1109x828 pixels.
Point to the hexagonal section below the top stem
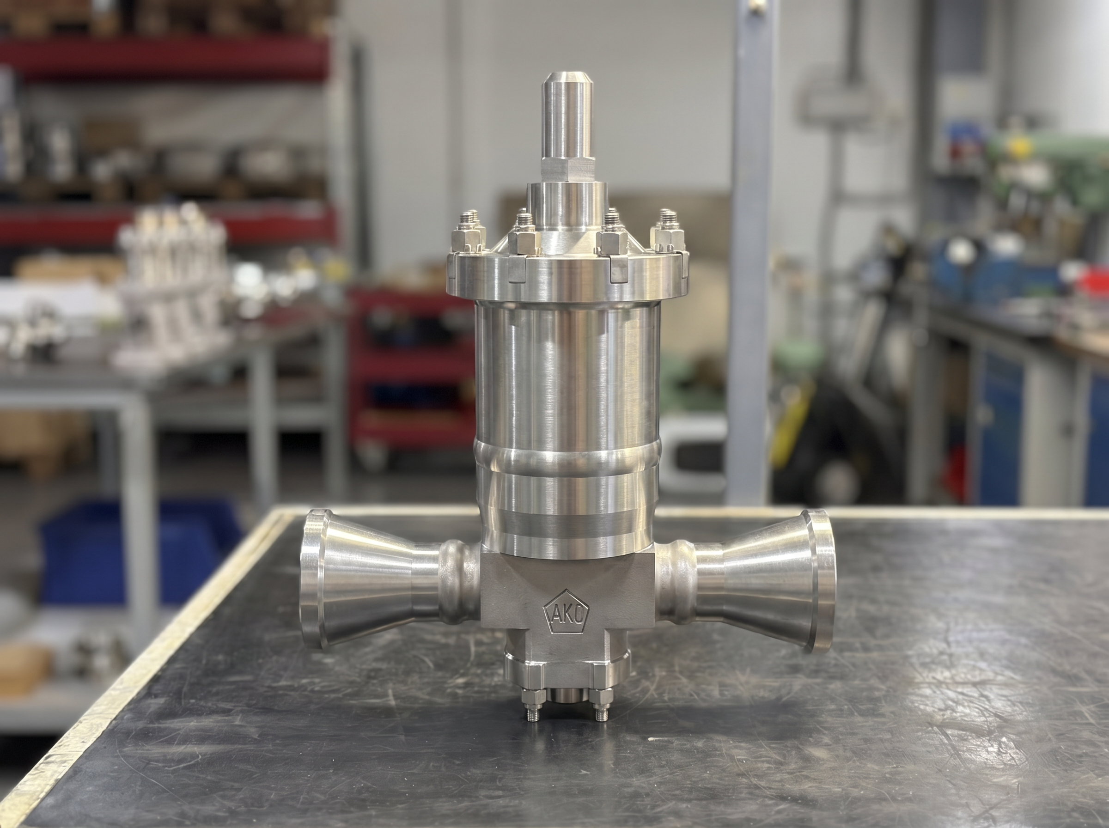[x=567, y=170]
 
